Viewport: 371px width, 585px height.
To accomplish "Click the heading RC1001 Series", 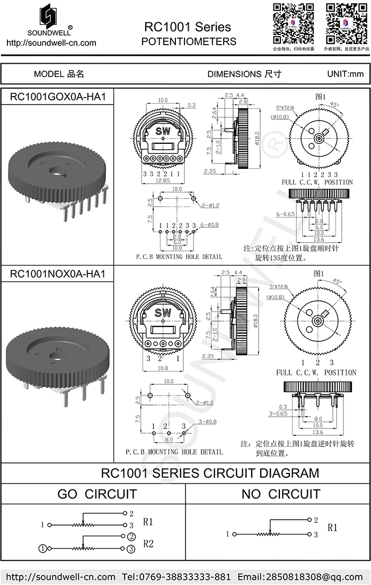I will coord(188,27).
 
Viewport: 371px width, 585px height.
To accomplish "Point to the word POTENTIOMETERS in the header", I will coord(189,41).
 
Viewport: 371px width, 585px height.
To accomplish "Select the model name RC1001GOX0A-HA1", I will coord(58,97).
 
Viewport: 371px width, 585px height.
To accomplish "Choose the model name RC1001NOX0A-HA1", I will coord(58,274).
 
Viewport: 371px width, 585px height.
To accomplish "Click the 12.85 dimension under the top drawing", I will coord(163,181).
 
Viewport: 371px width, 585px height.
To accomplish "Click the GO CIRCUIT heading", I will coord(97,494).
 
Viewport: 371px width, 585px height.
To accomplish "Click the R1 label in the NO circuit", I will coord(332,528).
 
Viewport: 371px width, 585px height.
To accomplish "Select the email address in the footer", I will coord(301,577).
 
